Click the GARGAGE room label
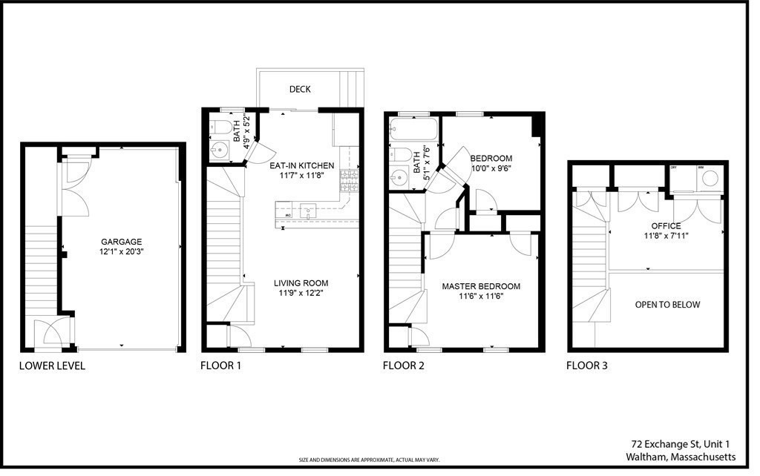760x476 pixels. coord(121,242)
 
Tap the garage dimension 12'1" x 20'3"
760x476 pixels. coord(121,252)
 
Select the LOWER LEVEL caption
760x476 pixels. coord(52,366)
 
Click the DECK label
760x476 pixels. coord(300,89)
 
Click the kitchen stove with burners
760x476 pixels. coord(349,181)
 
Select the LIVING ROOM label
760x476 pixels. coord(301,283)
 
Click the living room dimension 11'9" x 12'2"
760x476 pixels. coord(301,294)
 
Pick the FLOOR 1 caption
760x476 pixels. coord(221,366)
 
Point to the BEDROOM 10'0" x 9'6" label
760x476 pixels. coord(491,163)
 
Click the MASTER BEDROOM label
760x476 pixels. coord(481,286)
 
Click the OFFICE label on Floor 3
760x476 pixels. coord(666,226)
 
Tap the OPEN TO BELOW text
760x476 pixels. coord(667,305)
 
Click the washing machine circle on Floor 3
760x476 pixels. coord(710,179)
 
